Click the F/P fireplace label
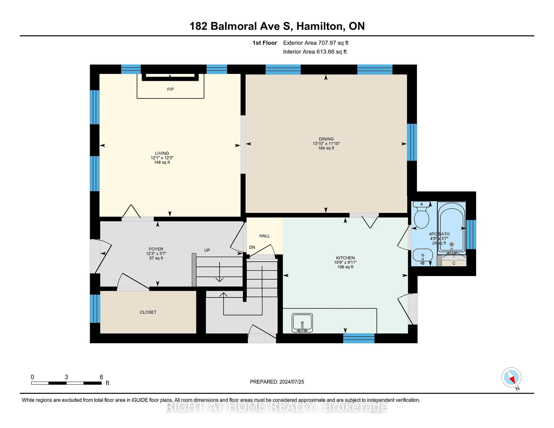170,89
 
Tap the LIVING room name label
162,153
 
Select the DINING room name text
326,139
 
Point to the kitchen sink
302,323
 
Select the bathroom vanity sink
423,256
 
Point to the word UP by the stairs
207,250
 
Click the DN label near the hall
252,247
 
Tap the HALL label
264,236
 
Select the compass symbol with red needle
511,377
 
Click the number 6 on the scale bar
101,377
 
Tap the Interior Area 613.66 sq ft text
315,52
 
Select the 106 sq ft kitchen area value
345,267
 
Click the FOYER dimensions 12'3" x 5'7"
156,254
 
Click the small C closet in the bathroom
454,263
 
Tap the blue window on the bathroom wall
471,234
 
